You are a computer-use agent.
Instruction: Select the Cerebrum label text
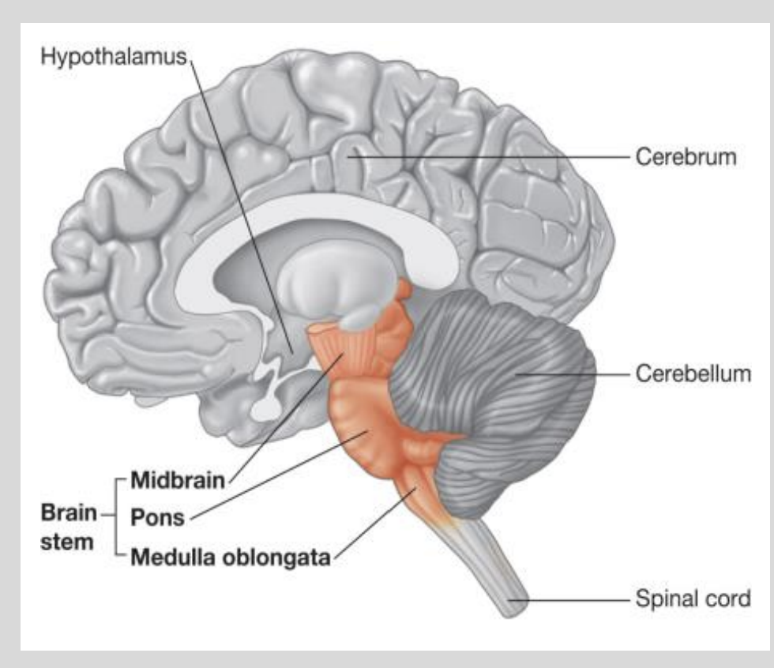click(x=685, y=156)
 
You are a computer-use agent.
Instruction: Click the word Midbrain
click(x=178, y=479)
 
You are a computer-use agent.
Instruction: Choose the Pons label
click(x=157, y=518)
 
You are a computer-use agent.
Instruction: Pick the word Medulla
click(x=167, y=558)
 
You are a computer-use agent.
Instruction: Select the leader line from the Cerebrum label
click(x=490, y=156)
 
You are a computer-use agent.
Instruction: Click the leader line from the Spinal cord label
click(x=569, y=599)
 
